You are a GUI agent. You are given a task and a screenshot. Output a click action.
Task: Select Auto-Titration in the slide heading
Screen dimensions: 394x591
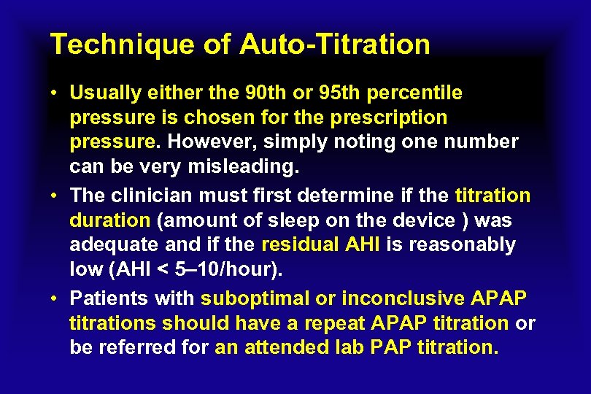(335, 45)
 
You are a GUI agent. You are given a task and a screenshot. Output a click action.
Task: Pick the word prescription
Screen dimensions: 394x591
(393, 117)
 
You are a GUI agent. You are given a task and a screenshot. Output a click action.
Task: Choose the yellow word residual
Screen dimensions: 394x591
(301, 245)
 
